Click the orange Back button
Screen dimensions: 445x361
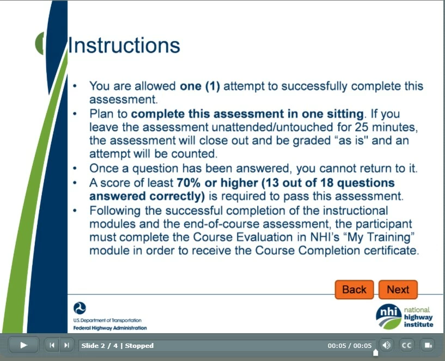click(x=354, y=290)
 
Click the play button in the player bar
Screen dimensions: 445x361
click(x=23, y=345)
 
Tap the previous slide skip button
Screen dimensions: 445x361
click(x=52, y=345)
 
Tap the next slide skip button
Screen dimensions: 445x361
click(x=66, y=345)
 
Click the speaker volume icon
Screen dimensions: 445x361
click(x=386, y=345)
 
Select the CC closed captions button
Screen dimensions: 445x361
click(x=406, y=345)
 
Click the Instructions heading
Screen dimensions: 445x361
click(x=124, y=45)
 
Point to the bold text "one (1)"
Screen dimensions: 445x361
click(x=200, y=86)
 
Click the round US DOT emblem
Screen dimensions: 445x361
click(x=80, y=308)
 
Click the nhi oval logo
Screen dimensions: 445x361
click(x=389, y=316)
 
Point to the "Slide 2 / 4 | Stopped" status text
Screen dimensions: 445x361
click(x=117, y=346)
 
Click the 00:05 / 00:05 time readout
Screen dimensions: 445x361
click(x=349, y=346)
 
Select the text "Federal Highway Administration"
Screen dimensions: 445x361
click(x=110, y=328)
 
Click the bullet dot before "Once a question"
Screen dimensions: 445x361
click(x=75, y=169)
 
